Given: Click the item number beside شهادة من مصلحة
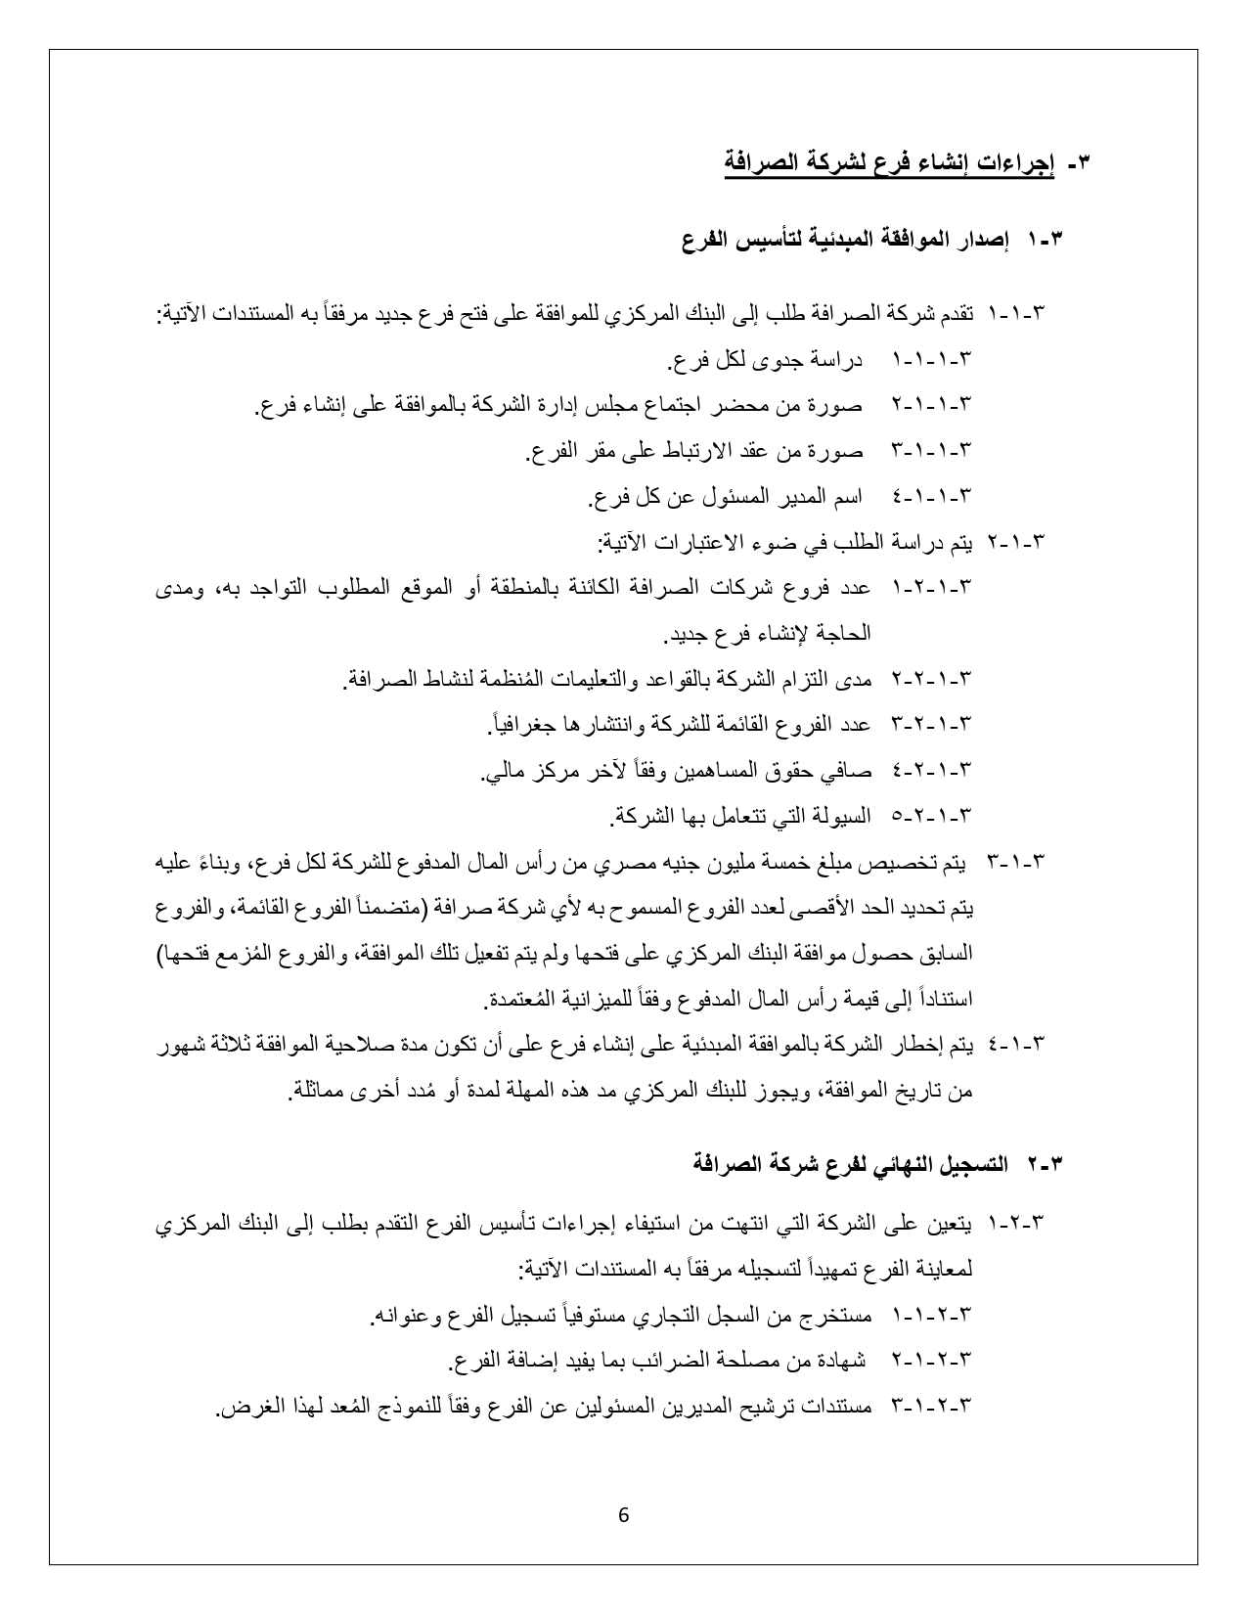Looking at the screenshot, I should click(x=934, y=1361).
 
